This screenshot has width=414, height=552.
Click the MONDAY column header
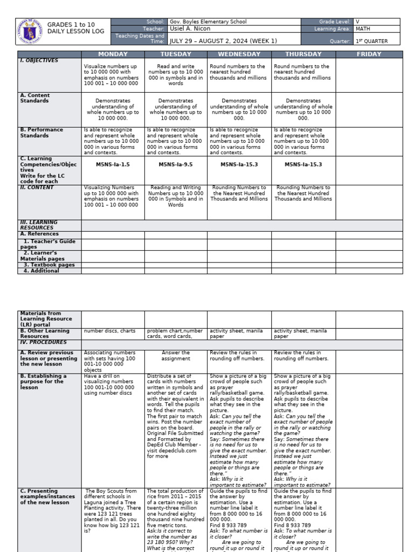(x=113, y=54)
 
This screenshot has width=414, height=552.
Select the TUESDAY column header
(x=176, y=54)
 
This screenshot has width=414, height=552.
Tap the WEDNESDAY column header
(x=239, y=54)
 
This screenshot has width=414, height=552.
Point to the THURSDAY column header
(x=303, y=54)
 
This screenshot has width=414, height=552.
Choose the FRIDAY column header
(x=369, y=54)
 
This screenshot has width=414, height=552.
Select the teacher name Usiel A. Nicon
(x=190, y=29)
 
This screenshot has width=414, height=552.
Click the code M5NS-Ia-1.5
(x=113, y=164)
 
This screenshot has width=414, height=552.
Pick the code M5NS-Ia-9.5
(x=176, y=164)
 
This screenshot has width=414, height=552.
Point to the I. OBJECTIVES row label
(x=39, y=61)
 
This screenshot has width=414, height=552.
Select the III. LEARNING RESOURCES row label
(x=39, y=225)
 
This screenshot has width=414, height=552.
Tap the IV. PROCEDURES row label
(x=43, y=342)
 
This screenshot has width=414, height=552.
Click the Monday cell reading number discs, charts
(x=110, y=331)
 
